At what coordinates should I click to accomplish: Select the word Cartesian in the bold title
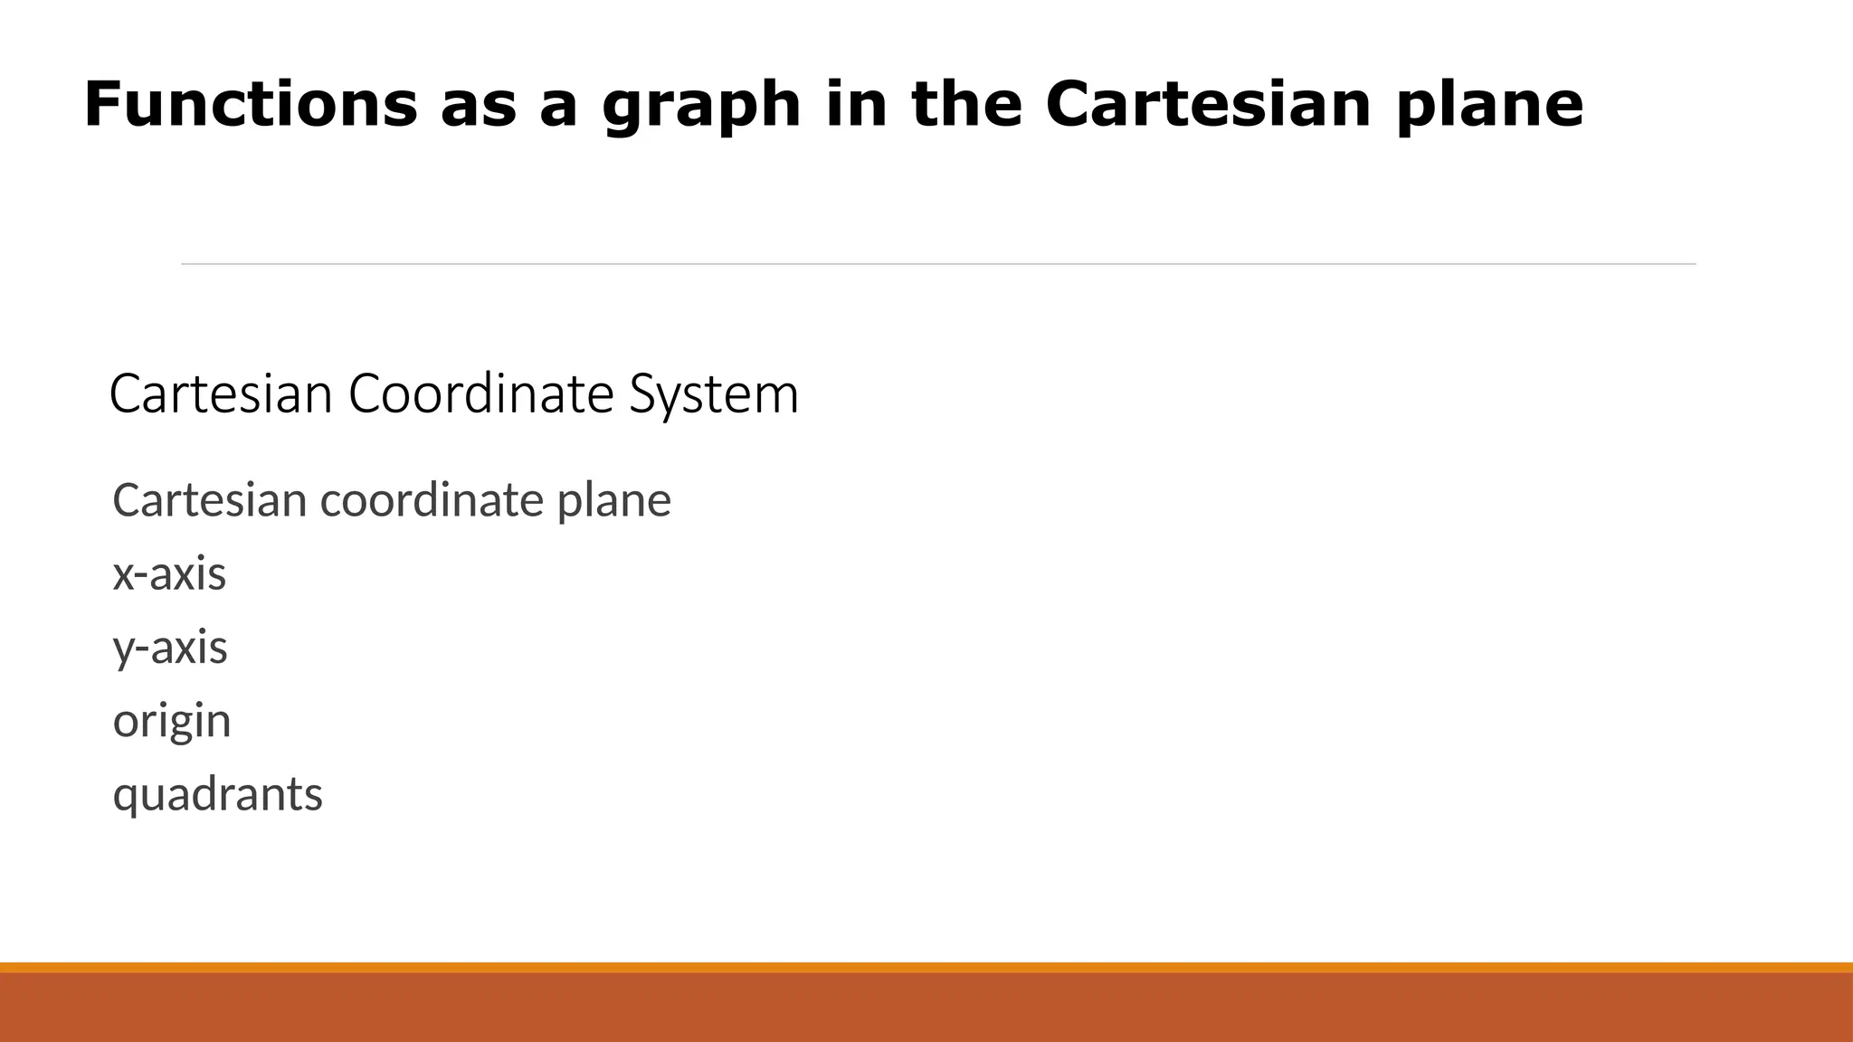tap(1209, 104)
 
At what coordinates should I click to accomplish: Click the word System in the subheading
tap(714, 394)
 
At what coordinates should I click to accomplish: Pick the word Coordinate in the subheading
tap(480, 394)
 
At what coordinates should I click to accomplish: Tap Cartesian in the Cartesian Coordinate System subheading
tap(221, 394)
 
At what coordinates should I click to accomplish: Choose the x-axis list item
tap(169, 574)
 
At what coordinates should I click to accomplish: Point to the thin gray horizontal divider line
tap(938, 264)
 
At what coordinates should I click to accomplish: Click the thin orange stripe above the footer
tap(926, 967)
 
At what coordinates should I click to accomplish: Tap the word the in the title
tap(966, 104)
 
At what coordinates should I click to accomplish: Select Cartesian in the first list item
tap(209, 500)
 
